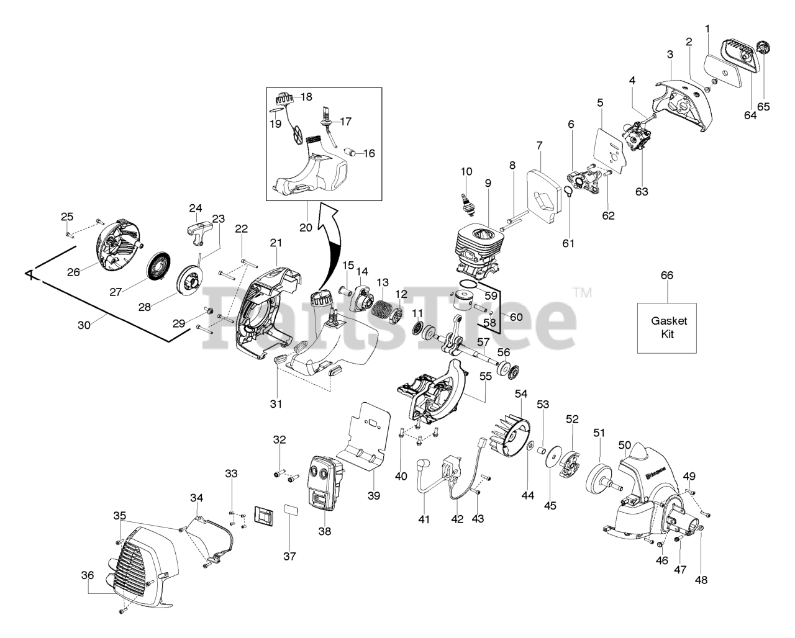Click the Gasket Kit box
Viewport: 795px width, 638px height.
(x=667, y=328)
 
